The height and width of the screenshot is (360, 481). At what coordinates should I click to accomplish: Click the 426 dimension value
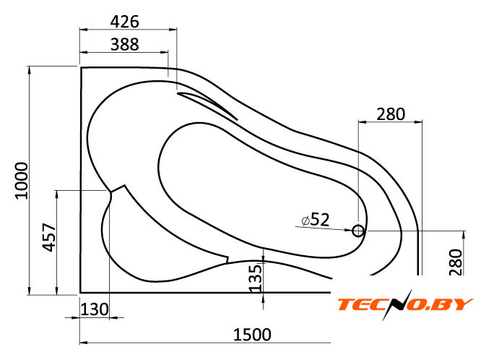click(x=124, y=22)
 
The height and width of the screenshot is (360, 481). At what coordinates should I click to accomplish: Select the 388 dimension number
click(x=124, y=44)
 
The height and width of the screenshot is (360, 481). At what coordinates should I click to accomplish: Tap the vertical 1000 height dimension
click(x=22, y=181)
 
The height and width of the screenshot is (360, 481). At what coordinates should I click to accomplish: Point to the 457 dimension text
click(x=49, y=237)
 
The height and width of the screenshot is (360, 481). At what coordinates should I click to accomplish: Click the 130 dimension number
click(x=95, y=309)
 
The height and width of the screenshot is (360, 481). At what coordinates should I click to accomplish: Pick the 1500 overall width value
click(x=252, y=335)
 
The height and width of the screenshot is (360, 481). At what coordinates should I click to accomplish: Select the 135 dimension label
click(x=255, y=278)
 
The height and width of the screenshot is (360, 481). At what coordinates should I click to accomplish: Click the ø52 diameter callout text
click(x=316, y=219)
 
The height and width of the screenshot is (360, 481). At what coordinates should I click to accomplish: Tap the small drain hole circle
click(x=358, y=231)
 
